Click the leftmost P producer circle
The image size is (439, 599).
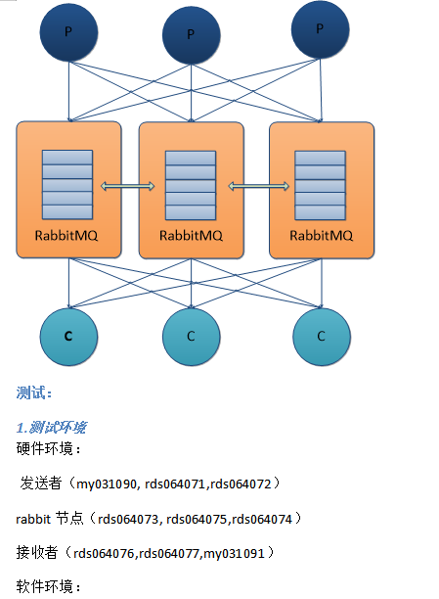tap(68, 33)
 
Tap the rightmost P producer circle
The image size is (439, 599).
tap(320, 30)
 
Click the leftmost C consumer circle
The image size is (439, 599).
tap(68, 336)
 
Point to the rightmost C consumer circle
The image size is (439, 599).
tap(321, 336)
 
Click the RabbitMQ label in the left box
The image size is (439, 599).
tap(66, 236)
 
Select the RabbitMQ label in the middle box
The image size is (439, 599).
tap(192, 236)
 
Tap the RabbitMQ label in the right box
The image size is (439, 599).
tap(321, 236)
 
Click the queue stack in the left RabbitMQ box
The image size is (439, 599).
tap(66, 186)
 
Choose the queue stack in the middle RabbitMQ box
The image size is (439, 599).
tap(192, 186)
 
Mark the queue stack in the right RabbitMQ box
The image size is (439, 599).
tap(321, 186)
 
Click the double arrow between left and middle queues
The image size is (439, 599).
tap(128, 186)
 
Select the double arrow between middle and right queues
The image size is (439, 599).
tap(257, 186)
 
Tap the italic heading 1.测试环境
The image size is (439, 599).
tap(51, 428)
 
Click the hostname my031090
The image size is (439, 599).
tap(107, 483)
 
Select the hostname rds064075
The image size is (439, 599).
tap(198, 517)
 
